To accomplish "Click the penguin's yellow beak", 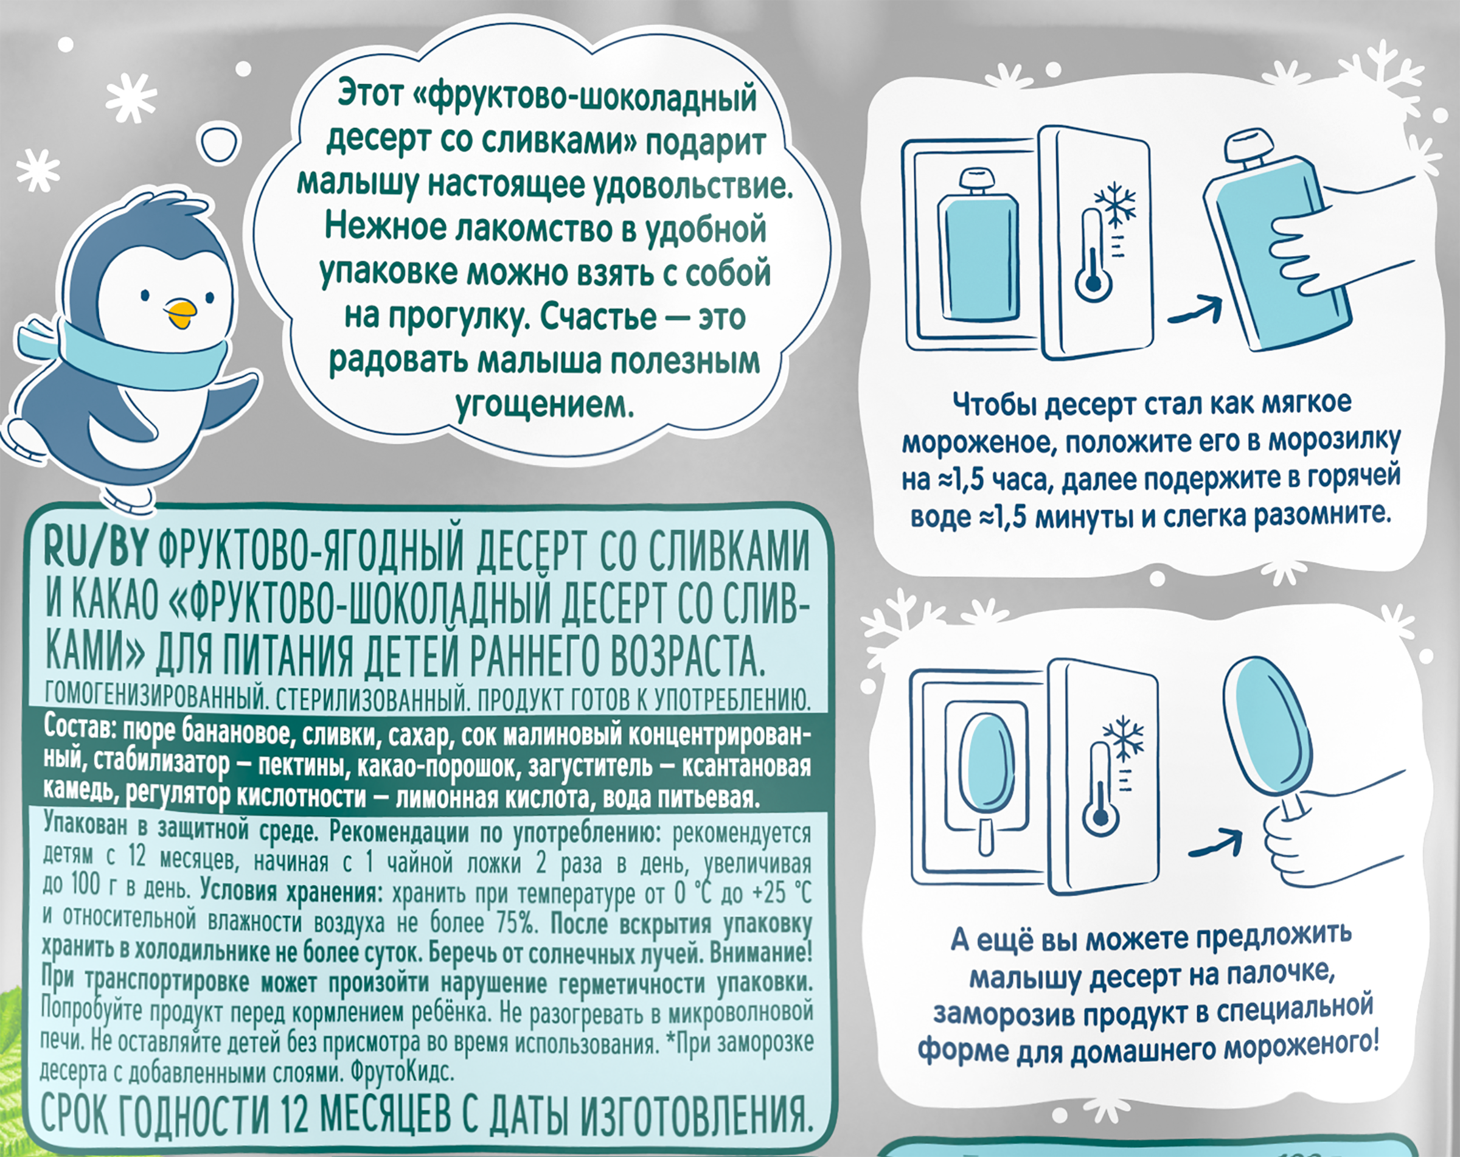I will pyautogui.click(x=181, y=313).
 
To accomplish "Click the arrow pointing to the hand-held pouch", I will pyautogui.click(x=1195, y=311).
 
